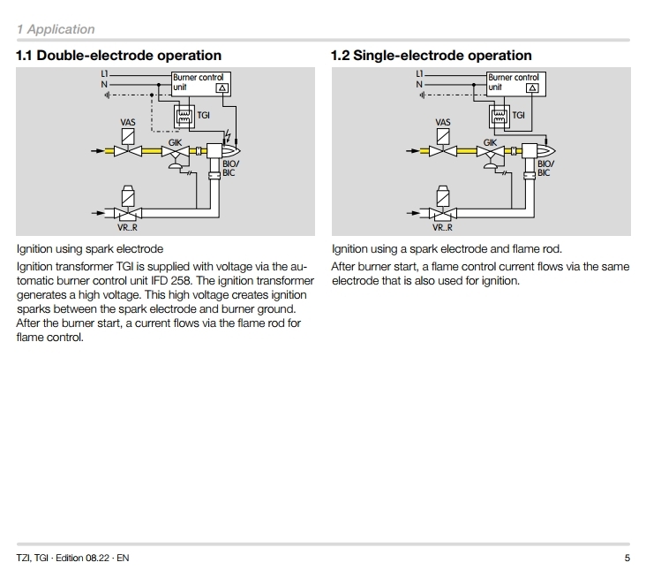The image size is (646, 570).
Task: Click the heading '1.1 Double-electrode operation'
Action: tap(118, 56)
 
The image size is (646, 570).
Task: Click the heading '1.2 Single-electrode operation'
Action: tap(431, 56)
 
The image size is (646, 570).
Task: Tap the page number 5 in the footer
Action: tap(627, 558)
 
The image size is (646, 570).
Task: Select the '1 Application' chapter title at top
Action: tap(55, 29)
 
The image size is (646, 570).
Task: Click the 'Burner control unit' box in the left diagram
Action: tap(202, 83)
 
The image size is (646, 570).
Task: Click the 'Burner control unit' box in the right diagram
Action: tap(515, 83)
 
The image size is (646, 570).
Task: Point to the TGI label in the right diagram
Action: tap(518, 115)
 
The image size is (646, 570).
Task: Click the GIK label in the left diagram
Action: tap(176, 141)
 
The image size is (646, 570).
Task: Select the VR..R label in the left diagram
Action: tap(129, 228)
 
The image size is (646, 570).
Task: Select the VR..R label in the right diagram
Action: tap(443, 228)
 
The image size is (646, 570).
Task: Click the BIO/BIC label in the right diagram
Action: tap(545, 168)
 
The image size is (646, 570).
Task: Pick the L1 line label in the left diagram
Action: tap(103, 74)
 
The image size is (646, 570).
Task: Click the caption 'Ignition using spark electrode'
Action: tap(89, 249)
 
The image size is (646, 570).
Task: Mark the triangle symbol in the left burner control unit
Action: tap(222, 88)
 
